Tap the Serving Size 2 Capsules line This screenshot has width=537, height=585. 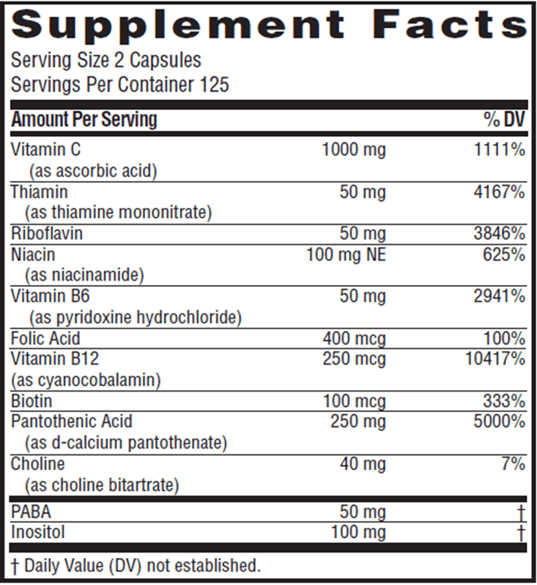click(106, 60)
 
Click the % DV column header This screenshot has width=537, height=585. click(503, 120)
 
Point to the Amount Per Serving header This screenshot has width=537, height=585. click(84, 120)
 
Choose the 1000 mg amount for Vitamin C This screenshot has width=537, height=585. click(354, 150)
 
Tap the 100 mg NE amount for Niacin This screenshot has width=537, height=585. click(346, 255)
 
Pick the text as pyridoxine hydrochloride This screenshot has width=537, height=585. click(133, 316)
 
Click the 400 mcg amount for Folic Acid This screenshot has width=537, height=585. click(354, 339)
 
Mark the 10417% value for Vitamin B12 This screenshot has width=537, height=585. click(494, 359)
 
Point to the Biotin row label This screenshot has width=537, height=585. click(32, 402)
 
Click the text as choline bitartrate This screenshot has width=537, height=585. click(101, 486)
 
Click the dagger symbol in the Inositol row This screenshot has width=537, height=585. click(520, 533)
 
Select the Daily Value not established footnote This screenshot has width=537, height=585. click(135, 566)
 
